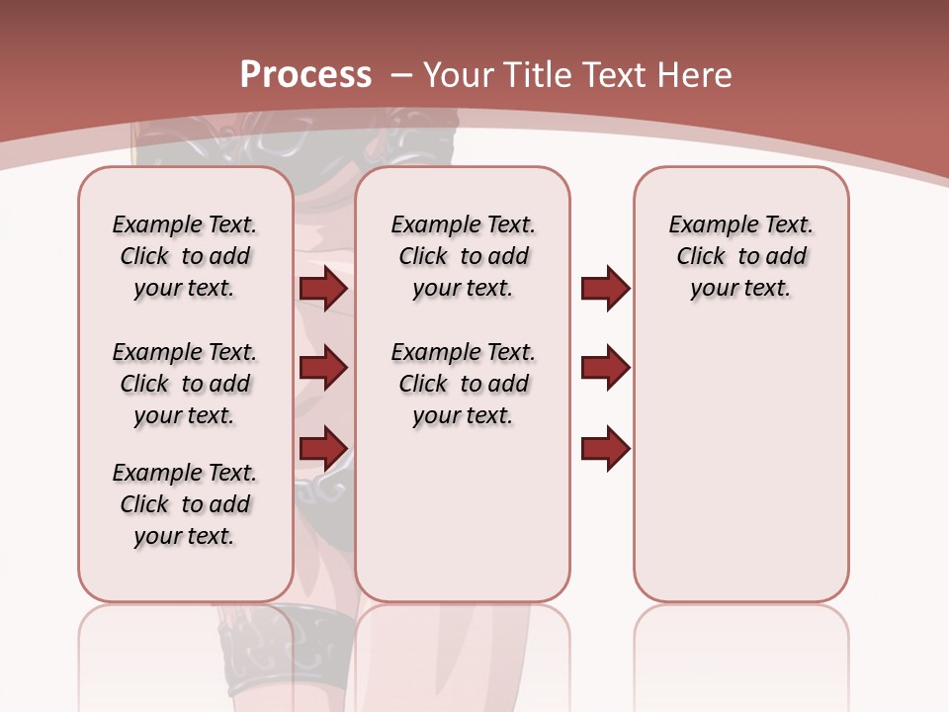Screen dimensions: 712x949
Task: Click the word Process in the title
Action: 304,74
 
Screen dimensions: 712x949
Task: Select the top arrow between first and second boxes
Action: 323,288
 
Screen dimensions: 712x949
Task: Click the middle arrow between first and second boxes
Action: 323,368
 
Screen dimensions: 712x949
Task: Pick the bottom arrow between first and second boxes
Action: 323,447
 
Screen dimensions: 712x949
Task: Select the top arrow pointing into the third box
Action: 605,288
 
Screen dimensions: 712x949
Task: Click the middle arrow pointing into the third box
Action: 605,368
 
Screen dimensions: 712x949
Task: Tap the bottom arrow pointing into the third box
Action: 605,447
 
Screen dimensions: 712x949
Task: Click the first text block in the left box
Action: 185,256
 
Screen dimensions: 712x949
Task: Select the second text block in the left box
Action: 185,384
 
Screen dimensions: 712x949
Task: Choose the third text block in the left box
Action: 185,504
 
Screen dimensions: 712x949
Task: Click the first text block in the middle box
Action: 463,256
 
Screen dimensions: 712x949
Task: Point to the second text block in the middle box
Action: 463,384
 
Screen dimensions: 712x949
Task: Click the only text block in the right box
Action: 740,256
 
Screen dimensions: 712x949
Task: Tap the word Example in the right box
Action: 707,224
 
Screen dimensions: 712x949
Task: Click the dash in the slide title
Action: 401,75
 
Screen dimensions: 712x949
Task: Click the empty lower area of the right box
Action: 740,465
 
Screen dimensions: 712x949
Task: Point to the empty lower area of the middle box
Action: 463,514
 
